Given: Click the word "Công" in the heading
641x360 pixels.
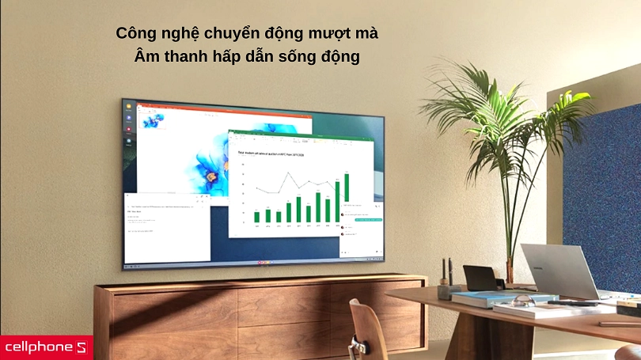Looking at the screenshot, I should (135, 35).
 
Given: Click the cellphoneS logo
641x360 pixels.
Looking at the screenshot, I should (46, 347).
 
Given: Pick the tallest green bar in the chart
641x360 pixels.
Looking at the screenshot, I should (346, 187).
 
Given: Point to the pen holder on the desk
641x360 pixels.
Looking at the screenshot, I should (447, 289).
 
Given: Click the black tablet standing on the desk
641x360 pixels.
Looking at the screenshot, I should (480, 278).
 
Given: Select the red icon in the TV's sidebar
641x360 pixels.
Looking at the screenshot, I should (129, 129).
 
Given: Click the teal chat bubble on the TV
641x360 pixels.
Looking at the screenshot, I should (371, 218).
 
